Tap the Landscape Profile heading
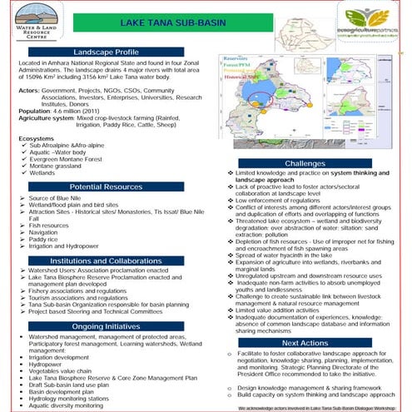(111, 52)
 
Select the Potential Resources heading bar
(111, 188)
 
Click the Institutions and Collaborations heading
(111, 261)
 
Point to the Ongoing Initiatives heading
(111, 326)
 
